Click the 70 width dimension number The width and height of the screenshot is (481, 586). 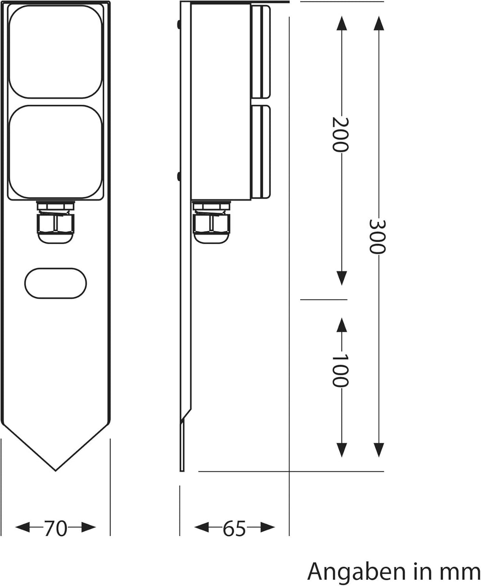tap(56, 528)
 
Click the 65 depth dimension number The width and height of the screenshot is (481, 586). tap(234, 528)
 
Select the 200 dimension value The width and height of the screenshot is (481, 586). tap(341, 134)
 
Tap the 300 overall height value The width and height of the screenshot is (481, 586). tap(378, 236)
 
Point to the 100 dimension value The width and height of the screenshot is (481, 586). tap(341, 370)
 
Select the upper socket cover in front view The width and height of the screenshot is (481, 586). tap(56, 52)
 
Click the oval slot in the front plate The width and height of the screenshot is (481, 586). tap(56, 283)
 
